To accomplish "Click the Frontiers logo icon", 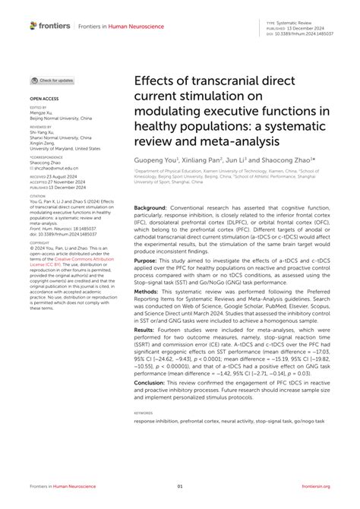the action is click(x=33, y=25).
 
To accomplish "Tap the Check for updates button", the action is click(x=53, y=81).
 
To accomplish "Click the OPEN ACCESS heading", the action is click(x=45, y=99).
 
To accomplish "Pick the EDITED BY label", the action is click(x=39, y=109).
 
